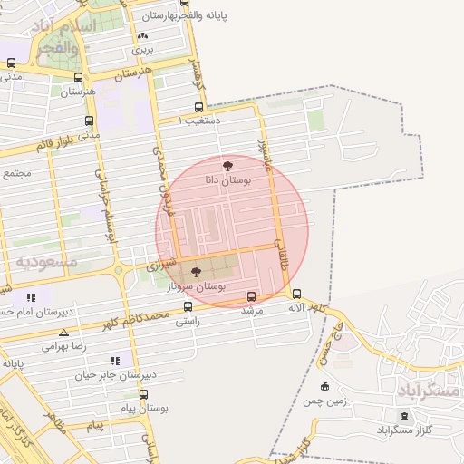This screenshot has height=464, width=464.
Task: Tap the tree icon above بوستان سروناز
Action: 197,271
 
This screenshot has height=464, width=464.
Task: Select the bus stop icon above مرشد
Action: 251,296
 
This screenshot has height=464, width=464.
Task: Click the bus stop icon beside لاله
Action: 297,293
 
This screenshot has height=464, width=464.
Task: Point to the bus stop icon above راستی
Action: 188,307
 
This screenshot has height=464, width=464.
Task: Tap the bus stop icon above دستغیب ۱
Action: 198,107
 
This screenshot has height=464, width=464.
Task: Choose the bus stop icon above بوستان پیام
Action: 143,394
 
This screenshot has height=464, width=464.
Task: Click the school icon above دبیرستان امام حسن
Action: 32,296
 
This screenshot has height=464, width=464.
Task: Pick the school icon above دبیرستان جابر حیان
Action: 115,360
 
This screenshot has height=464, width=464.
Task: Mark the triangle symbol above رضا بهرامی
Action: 63,333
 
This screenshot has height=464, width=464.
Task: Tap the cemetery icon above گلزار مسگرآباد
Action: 404,416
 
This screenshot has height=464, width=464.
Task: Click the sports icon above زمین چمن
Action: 325,387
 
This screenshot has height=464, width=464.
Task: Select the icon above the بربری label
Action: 142,36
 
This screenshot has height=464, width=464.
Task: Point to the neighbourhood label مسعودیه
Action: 46,261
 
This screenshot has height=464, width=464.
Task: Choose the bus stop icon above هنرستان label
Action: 79,78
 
